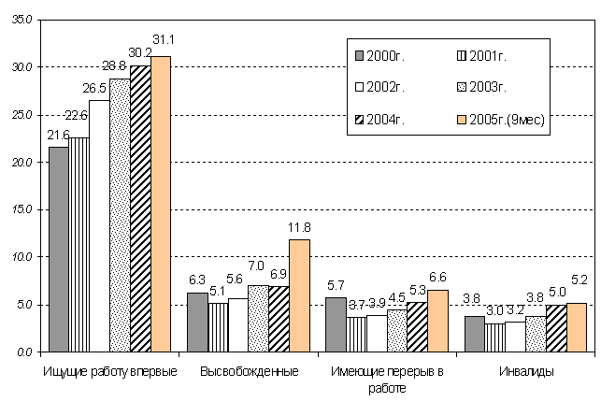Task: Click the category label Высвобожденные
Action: point(250,371)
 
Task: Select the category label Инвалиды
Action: point(522,371)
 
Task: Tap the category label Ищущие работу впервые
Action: point(110,371)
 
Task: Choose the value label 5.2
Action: point(578,293)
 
